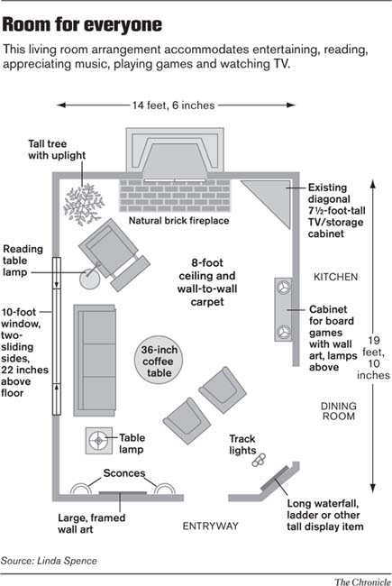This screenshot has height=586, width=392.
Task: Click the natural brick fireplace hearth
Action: click(176, 192)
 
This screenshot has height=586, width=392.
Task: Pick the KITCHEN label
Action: click(336, 276)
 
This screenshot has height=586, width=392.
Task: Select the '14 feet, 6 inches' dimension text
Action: click(173, 105)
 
